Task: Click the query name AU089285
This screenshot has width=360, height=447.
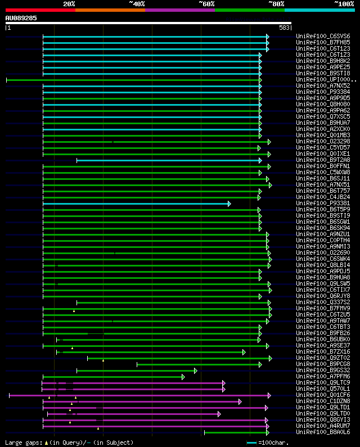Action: (x=21, y=18)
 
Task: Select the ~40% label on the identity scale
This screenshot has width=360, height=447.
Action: (x=137, y=3)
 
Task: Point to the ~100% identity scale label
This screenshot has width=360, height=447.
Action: (x=343, y=3)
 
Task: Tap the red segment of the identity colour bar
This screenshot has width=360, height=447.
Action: (x=40, y=10)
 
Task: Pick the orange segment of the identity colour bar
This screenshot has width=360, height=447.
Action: (x=110, y=10)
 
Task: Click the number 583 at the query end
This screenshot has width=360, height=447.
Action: (x=283, y=27)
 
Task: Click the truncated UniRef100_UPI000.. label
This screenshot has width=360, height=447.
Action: (x=324, y=80)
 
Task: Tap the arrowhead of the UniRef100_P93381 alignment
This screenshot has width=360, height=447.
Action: (x=229, y=204)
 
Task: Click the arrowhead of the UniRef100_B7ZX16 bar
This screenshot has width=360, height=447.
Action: (x=244, y=352)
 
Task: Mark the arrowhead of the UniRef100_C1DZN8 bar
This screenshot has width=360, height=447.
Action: (x=240, y=401)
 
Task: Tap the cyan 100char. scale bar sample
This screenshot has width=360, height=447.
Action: (x=251, y=443)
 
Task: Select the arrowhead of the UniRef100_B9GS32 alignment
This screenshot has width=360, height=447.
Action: (x=195, y=371)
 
